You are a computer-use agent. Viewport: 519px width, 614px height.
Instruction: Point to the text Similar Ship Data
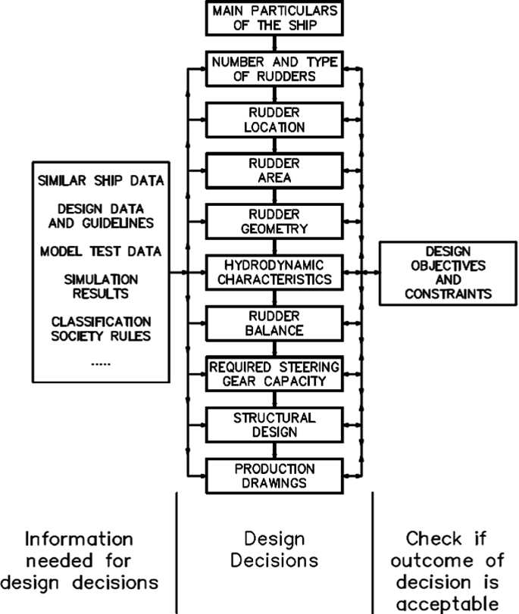tap(101, 181)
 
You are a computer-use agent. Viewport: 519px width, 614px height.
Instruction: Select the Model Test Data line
tap(101, 251)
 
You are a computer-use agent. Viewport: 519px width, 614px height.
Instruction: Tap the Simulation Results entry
tap(101, 286)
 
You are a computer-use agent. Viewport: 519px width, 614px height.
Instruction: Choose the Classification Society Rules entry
tap(101, 328)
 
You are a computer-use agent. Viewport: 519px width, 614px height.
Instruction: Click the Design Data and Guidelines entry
tap(101, 216)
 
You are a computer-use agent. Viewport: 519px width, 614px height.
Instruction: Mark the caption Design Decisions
tap(274, 550)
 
